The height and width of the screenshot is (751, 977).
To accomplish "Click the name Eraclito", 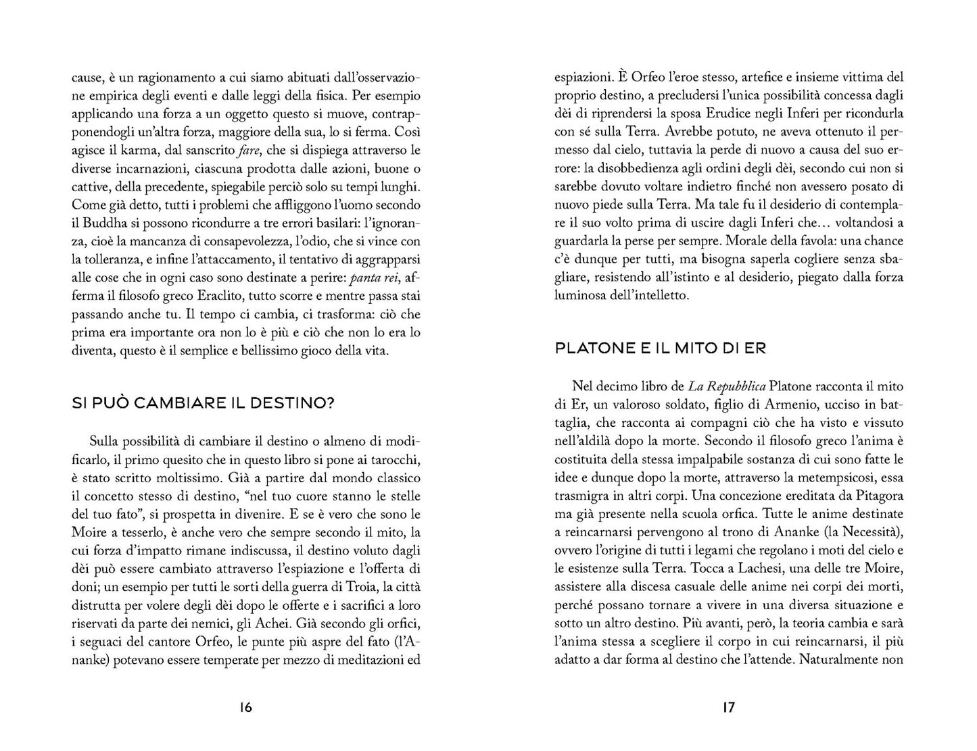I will (222, 296).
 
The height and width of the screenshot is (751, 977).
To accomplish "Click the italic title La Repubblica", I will (728, 386).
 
